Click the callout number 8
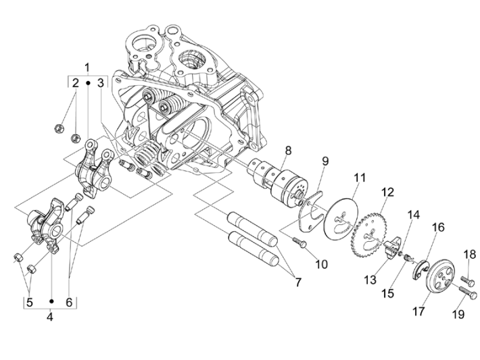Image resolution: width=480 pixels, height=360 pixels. click(x=287, y=150)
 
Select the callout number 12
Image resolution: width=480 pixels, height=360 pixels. click(x=386, y=192)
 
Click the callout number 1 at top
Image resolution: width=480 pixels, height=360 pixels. click(x=87, y=67)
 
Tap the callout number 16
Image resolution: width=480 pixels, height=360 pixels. click(x=438, y=227)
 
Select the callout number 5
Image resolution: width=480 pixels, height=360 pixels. click(x=29, y=302)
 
